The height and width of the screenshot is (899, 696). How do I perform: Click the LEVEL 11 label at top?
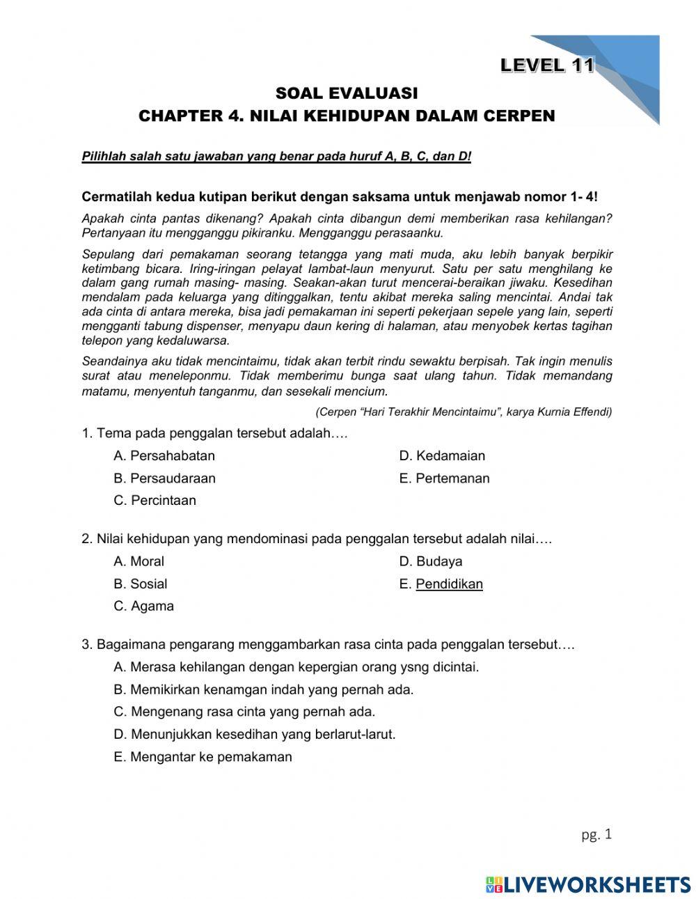[547, 65]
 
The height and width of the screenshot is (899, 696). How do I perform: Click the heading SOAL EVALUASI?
[347, 93]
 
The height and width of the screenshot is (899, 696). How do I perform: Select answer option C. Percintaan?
[155, 500]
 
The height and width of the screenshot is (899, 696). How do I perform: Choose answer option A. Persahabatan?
[164, 456]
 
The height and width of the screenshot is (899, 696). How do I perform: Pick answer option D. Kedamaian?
[442, 456]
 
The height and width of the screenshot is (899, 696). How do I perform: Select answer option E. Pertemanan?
[444, 478]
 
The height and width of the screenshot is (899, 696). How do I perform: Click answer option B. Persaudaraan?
[164, 478]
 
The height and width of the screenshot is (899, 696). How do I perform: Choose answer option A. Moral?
[139, 561]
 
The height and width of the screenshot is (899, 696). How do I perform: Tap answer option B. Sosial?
[140, 584]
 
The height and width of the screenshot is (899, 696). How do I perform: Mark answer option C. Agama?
[143, 606]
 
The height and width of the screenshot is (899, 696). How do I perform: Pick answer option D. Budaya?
[430, 561]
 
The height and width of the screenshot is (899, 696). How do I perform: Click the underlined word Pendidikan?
[449, 584]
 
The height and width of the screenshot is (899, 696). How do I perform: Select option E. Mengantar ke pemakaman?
[203, 757]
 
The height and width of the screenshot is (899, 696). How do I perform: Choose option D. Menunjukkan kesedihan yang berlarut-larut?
[254, 734]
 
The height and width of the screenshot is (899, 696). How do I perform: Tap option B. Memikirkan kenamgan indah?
[263, 689]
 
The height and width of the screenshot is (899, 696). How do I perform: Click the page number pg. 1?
[596, 834]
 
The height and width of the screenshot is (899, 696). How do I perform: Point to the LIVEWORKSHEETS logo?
[588, 884]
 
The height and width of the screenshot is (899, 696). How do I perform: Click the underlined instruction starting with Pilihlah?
[276, 156]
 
